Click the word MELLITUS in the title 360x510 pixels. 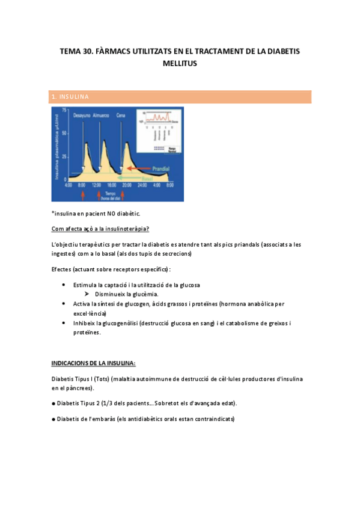pos(180,63)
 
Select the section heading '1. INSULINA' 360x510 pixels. pos(70,97)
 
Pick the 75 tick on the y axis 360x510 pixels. pos(64,110)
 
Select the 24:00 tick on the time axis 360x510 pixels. pos(142,185)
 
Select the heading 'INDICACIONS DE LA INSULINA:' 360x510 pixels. pos(93,363)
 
